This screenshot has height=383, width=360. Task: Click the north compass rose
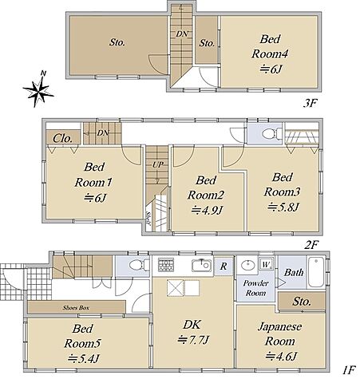(x=39, y=89)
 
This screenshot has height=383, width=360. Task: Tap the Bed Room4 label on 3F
(x=270, y=46)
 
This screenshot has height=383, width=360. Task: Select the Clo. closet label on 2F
(x=62, y=138)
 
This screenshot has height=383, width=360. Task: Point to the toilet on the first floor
(x=139, y=265)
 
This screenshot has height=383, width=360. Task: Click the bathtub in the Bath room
(x=316, y=272)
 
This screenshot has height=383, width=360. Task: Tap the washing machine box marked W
(x=266, y=264)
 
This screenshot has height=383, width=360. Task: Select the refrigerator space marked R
(x=224, y=266)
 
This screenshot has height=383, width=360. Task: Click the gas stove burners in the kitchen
(x=166, y=265)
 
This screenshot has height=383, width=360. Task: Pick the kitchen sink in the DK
(x=202, y=265)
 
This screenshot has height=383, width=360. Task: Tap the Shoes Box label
(x=76, y=308)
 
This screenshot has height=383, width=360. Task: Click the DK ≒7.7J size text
(x=193, y=339)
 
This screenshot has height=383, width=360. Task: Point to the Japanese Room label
(x=280, y=334)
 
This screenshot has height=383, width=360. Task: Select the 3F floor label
(x=311, y=103)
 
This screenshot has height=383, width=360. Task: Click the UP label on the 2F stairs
(x=158, y=165)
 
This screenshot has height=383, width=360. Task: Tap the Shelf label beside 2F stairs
(x=148, y=219)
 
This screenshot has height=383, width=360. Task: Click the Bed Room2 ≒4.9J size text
(x=207, y=210)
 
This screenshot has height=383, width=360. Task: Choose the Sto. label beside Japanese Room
(x=302, y=302)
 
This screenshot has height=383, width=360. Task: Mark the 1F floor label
(x=349, y=369)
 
